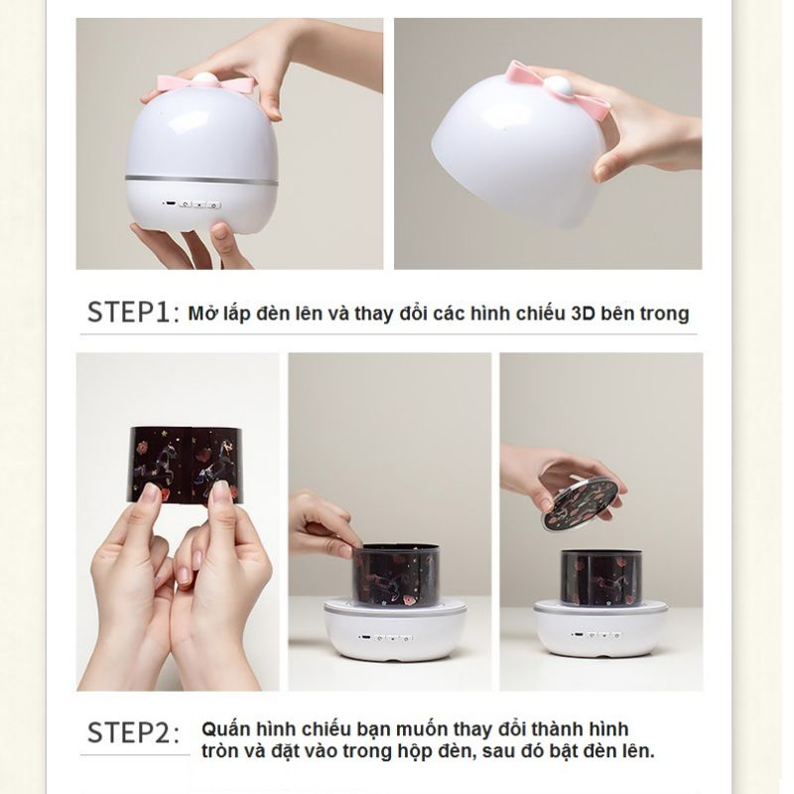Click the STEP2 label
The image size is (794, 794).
(x=132, y=733)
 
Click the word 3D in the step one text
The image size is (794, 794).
(x=583, y=314)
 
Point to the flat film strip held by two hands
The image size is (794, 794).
(x=188, y=463)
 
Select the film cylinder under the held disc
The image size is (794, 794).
(x=600, y=577)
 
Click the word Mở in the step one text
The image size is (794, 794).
(x=202, y=314)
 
